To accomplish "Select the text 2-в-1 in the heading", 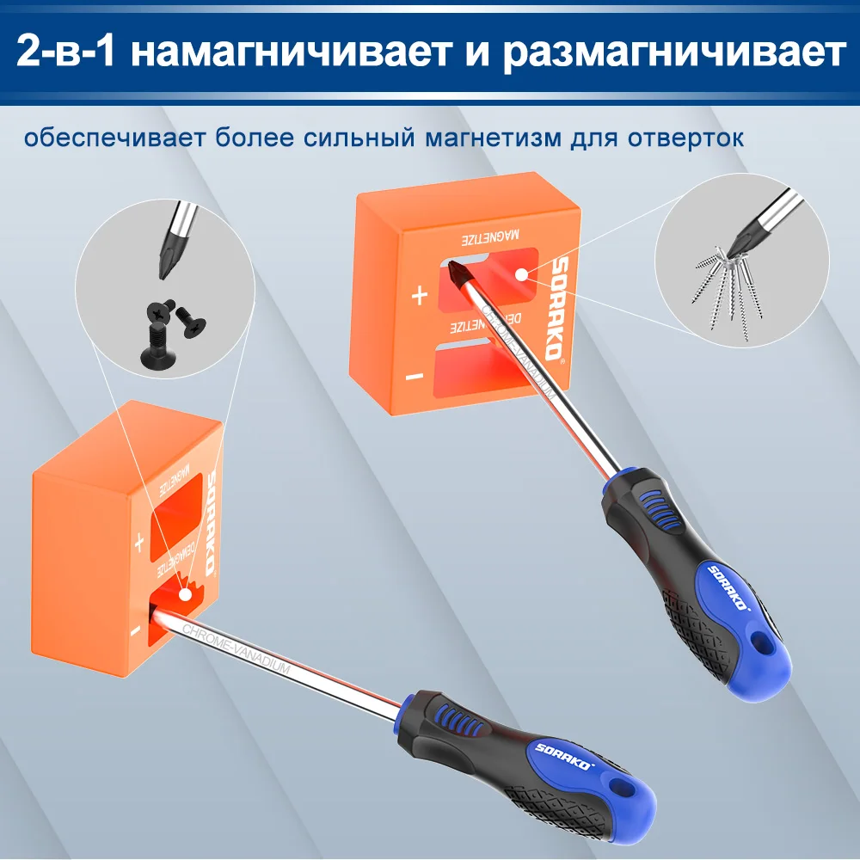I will pos(71,53).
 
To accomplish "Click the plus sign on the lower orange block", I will pos(138,543).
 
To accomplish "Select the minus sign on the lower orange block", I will pos(136,631).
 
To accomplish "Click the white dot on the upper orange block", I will pos(521,272).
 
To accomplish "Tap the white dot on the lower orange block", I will pos(185,593).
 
